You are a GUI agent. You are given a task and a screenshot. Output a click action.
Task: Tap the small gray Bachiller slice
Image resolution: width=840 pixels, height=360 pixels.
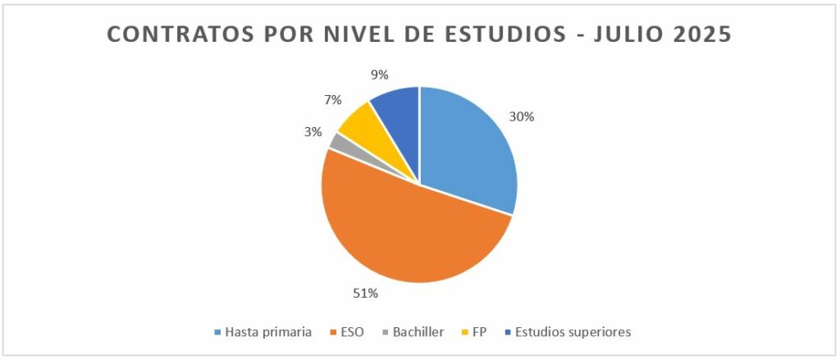pos(335,141)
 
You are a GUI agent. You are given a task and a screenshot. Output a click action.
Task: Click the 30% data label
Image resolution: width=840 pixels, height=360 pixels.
pos(522,117)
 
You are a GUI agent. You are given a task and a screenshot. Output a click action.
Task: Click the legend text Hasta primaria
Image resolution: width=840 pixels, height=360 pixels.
pos(268,332)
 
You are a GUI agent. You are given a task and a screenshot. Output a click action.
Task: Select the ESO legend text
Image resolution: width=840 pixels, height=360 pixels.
pos(349,332)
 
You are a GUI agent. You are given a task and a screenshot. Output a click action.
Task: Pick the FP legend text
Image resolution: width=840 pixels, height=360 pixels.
pos(478,332)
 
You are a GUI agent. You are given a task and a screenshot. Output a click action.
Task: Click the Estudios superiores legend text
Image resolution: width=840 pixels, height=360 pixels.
pos(573,332)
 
